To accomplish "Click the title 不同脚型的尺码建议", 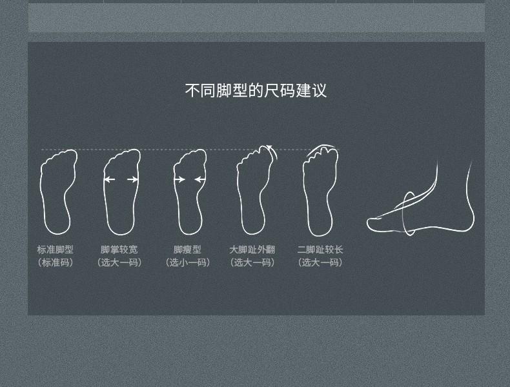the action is point(256,90).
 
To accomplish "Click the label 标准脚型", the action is point(55,250).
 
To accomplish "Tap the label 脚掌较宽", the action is point(119,250).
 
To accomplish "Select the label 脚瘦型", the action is point(187,250).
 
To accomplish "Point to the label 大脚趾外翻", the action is point(252,250).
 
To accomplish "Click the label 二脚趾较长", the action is point(320,250).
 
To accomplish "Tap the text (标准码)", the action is point(55,263).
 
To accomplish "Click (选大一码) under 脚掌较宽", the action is point(119,263).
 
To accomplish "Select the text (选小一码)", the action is point(188,263).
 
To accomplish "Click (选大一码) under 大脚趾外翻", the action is point(252,263).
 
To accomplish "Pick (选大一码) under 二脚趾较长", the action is point(320,263).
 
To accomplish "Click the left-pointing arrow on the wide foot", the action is point(110,179).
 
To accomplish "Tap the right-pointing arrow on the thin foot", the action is point(179,179).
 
